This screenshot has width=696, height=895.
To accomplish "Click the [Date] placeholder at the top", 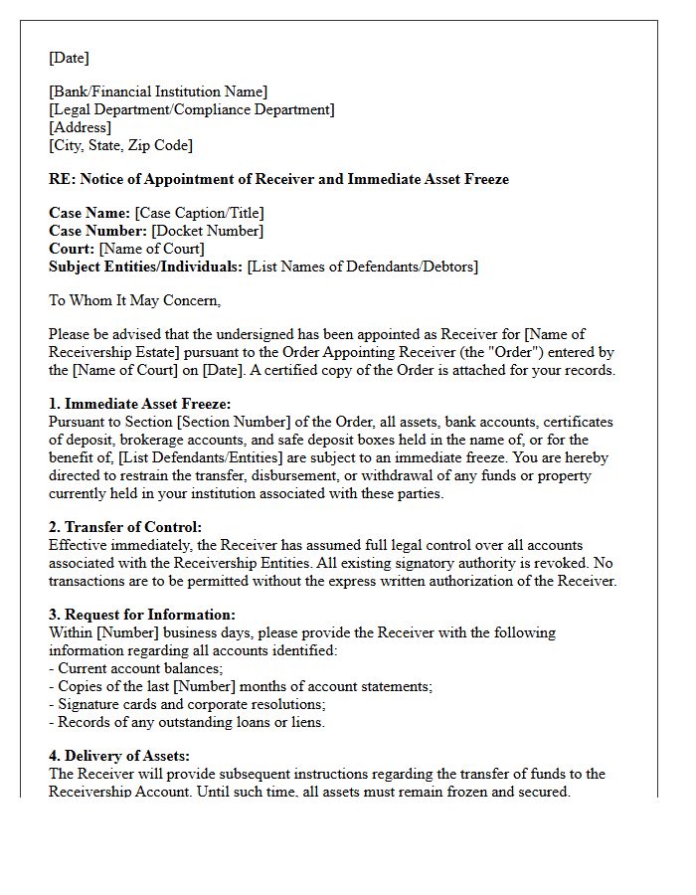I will coord(69,58).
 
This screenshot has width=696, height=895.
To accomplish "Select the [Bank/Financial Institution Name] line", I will coord(158,92).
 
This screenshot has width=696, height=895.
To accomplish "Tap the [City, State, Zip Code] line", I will coord(120,146).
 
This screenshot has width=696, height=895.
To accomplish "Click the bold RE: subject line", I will coord(278,180).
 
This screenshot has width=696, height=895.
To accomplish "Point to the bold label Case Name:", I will coord(89,214).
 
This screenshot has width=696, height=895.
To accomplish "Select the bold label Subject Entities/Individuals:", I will coord(145,268).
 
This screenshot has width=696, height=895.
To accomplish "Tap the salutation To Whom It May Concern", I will coord(134,300).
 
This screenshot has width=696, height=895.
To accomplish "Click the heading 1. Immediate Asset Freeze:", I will coord(139,404).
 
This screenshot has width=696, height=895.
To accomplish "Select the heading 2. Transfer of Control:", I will coord(125,528).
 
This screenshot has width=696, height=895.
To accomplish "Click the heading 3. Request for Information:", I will coord(142,616).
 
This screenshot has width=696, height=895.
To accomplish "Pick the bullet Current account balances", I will coord(136,668).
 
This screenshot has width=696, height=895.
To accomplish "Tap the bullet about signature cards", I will coord(187,704).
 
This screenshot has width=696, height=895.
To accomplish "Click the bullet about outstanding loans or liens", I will coord(187,722).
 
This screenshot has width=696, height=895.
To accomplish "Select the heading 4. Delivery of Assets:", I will coord(119,757).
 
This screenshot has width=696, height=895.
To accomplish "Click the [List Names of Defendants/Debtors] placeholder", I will coord(362,268).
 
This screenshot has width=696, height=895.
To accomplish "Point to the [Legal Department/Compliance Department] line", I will coord(191,110).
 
